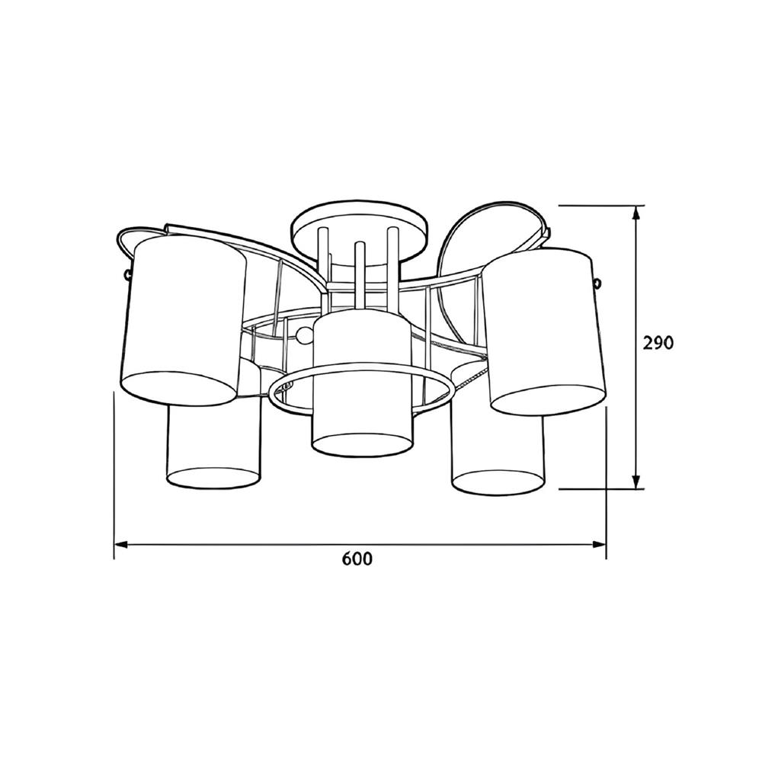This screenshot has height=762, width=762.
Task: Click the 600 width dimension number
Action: pyautogui.click(x=357, y=559)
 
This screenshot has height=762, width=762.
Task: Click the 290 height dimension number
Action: pyautogui.click(x=658, y=343)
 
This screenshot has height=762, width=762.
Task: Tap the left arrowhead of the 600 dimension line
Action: pyautogui.click(x=120, y=545)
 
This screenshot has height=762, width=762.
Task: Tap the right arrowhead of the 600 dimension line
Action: pyautogui.click(x=599, y=545)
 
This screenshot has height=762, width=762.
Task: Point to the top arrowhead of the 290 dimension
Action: pyautogui.click(x=636, y=213)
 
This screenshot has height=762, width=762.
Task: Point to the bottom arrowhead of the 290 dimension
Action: pyautogui.click(x=636, y=482)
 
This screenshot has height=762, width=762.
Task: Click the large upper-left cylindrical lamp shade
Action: pyautogui.click(x=184, y=320)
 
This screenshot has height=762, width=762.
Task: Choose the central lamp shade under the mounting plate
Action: pyautogui.click(x=361, y=384)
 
